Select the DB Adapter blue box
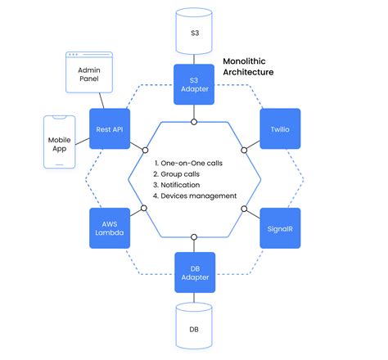point(193,272)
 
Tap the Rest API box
point(110,128)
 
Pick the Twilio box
point(279,128)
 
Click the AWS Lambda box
point(110,227)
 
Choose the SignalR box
point(279,227)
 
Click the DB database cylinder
point(194,328)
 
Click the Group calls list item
point(181,173)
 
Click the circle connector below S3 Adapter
point(194,121)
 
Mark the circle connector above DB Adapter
point(194,236)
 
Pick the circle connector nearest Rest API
point(145,150)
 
